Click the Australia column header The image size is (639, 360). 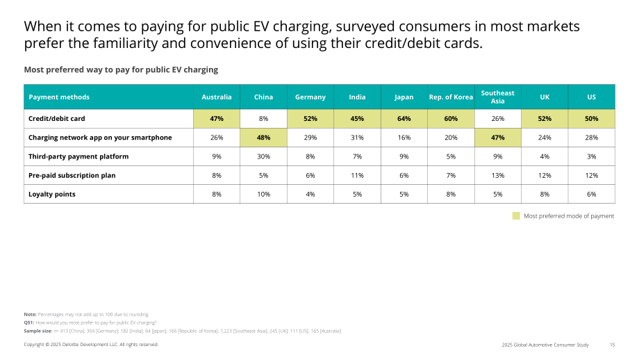click(x=217, y=97)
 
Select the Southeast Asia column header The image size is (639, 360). click(x=497, y=97)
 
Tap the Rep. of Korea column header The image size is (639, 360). click(x=451, y=97)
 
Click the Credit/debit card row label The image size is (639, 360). click(x=57, y=119)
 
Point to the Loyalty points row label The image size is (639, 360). click(x=52, y=194)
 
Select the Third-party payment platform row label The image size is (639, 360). click(x=78, y=156)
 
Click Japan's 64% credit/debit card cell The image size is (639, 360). click(x=404, y=119)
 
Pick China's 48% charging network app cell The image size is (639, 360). click(x=263, y=138)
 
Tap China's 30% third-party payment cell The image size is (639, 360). click(x=263, y=156)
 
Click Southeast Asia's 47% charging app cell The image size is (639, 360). click(x=497, y=138)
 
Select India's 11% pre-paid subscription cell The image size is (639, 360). click(x=357, y=175)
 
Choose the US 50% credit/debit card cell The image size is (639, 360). click(x=591, y=119)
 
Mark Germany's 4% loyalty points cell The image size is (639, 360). click(x=310, y=194)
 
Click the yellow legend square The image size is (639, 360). click(x=516, y=215)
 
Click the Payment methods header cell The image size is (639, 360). click(x=108, y=97)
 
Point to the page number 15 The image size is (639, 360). click(x=612, y=345)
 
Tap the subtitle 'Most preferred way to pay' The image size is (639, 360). click(x=121, y=69)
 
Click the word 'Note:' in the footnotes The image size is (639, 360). click(x=30, y=314)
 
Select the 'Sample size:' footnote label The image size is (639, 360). click(x=38, y=331)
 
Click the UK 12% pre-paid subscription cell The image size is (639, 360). click(x=545, y=175)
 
